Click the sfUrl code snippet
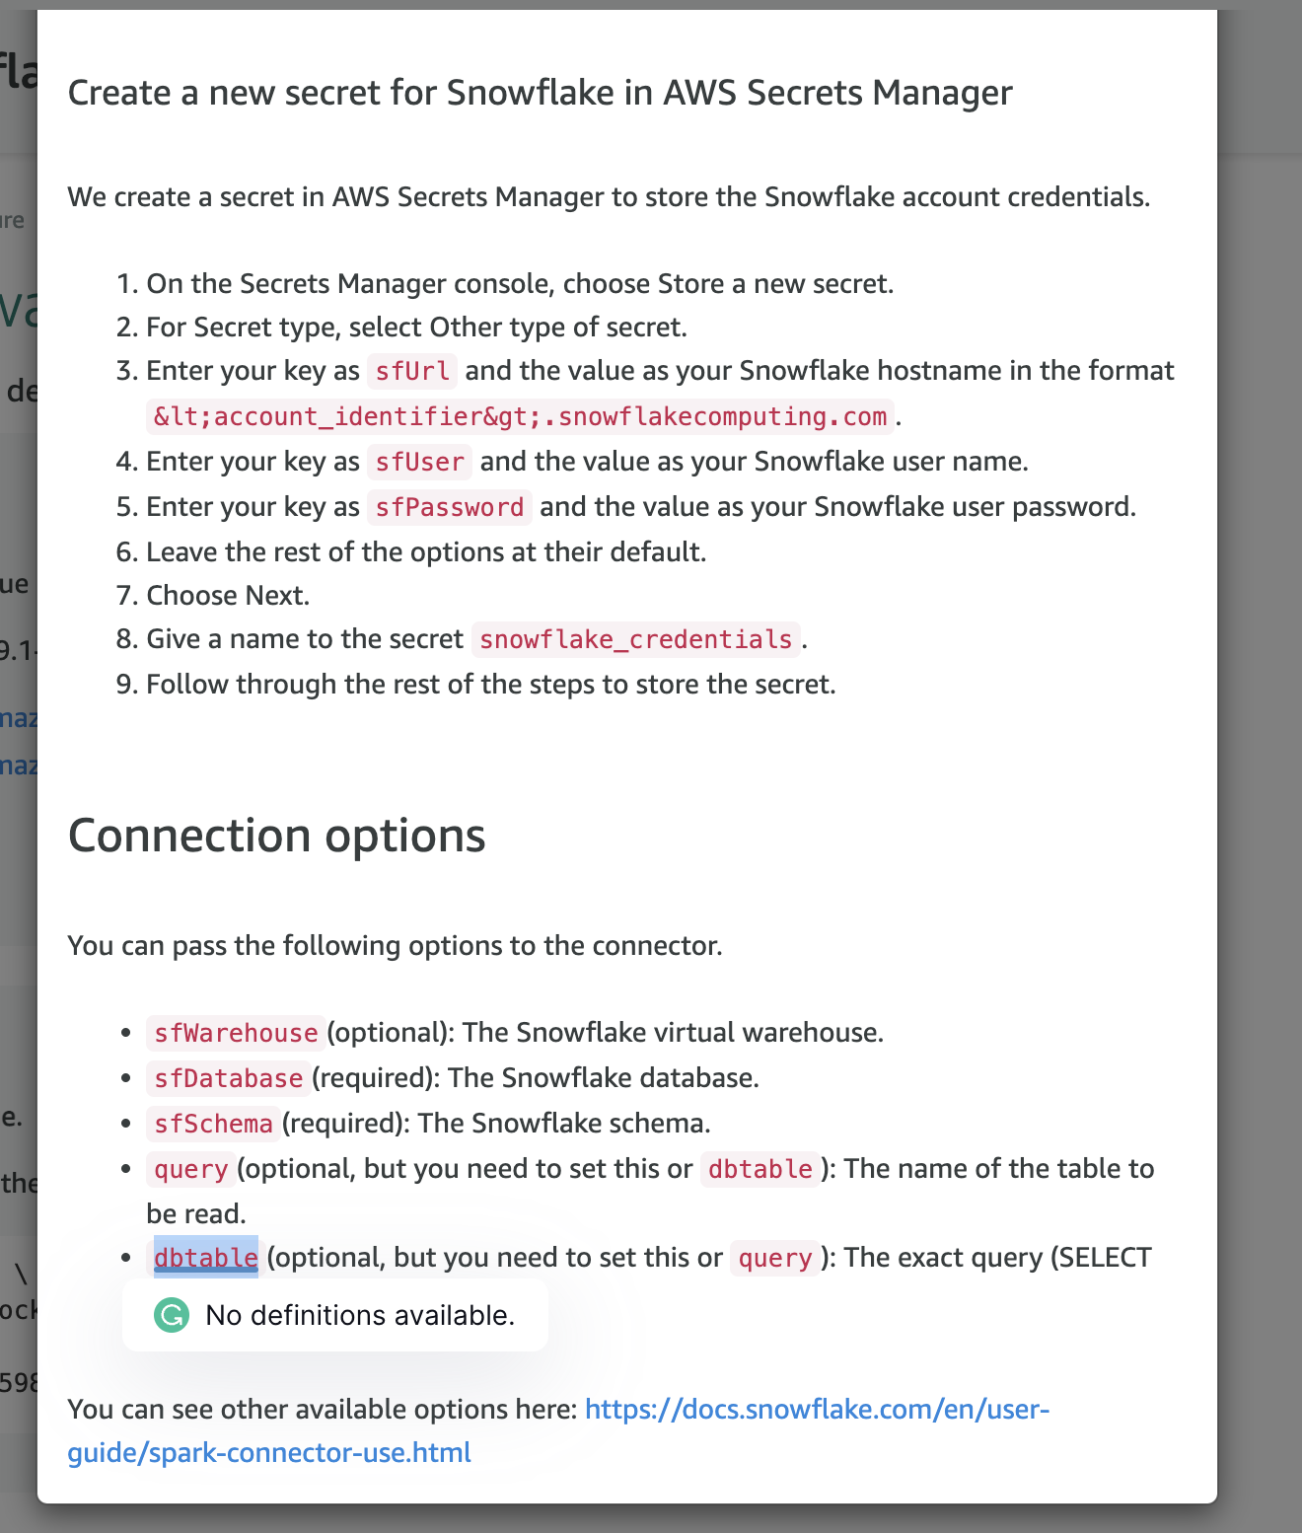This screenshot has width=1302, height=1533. (x=412, y=371)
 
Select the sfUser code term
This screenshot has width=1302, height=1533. (x=419, y=462)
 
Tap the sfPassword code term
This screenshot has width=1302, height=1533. (x=449, y=507)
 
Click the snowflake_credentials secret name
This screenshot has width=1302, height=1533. (x=635, y=639)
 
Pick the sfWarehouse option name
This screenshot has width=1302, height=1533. (x=236, y=1033)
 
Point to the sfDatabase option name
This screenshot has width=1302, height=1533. (x=228, y=1078)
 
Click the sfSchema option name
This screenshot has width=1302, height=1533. (x=213, y=1124)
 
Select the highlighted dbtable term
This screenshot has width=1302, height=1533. (x=206, y=1258)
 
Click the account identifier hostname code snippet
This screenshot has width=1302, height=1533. (x=520, y=416)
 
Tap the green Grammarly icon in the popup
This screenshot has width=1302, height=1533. (x=172, y=1315)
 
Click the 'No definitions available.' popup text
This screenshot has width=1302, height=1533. (x=360, y=1315)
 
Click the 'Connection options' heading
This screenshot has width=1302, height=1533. (x=276, y=835)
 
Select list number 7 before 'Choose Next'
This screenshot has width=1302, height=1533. (x=126, y=596)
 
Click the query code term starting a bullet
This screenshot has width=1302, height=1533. (x=191, y=1169)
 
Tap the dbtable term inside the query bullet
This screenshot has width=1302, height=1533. (x=759, y=1169)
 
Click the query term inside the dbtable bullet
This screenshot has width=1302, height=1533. (x=774, y=1258)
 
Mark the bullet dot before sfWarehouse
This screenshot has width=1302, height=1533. (x=125, y=1033)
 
